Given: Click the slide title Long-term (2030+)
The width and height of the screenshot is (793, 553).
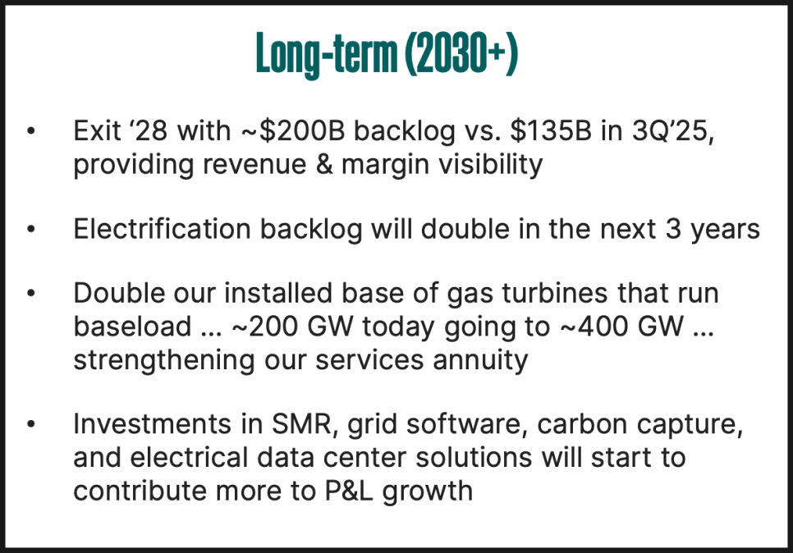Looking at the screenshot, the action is [x=387, y=53].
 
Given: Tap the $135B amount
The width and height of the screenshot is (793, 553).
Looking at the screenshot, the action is [x=550, y=130].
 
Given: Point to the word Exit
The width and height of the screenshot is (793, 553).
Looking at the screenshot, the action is [x=97, y=130].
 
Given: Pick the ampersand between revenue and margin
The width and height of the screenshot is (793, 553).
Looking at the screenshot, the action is [x=323, y=164].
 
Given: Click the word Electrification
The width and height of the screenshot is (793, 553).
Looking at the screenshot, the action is [x=162, y=228].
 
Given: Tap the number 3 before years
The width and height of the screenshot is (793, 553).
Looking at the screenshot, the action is [x=673, y=229].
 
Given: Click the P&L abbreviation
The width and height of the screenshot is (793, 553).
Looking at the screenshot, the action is [x=349, y=491].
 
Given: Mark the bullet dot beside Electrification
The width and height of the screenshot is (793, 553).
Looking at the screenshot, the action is [x=31, y=229].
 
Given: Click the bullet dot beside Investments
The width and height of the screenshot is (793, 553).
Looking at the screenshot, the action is [x=31, y=423].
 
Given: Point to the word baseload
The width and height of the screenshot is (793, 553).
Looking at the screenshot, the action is [x=132, y=326].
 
